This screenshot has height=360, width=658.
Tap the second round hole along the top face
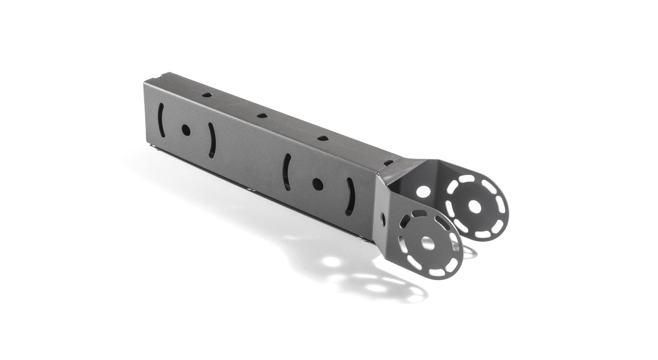tap(260, 115)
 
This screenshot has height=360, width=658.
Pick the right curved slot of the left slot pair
tap(211, 140)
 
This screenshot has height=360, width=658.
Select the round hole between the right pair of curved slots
tap(317, 183)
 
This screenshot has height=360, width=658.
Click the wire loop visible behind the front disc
tap(462, 249)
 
